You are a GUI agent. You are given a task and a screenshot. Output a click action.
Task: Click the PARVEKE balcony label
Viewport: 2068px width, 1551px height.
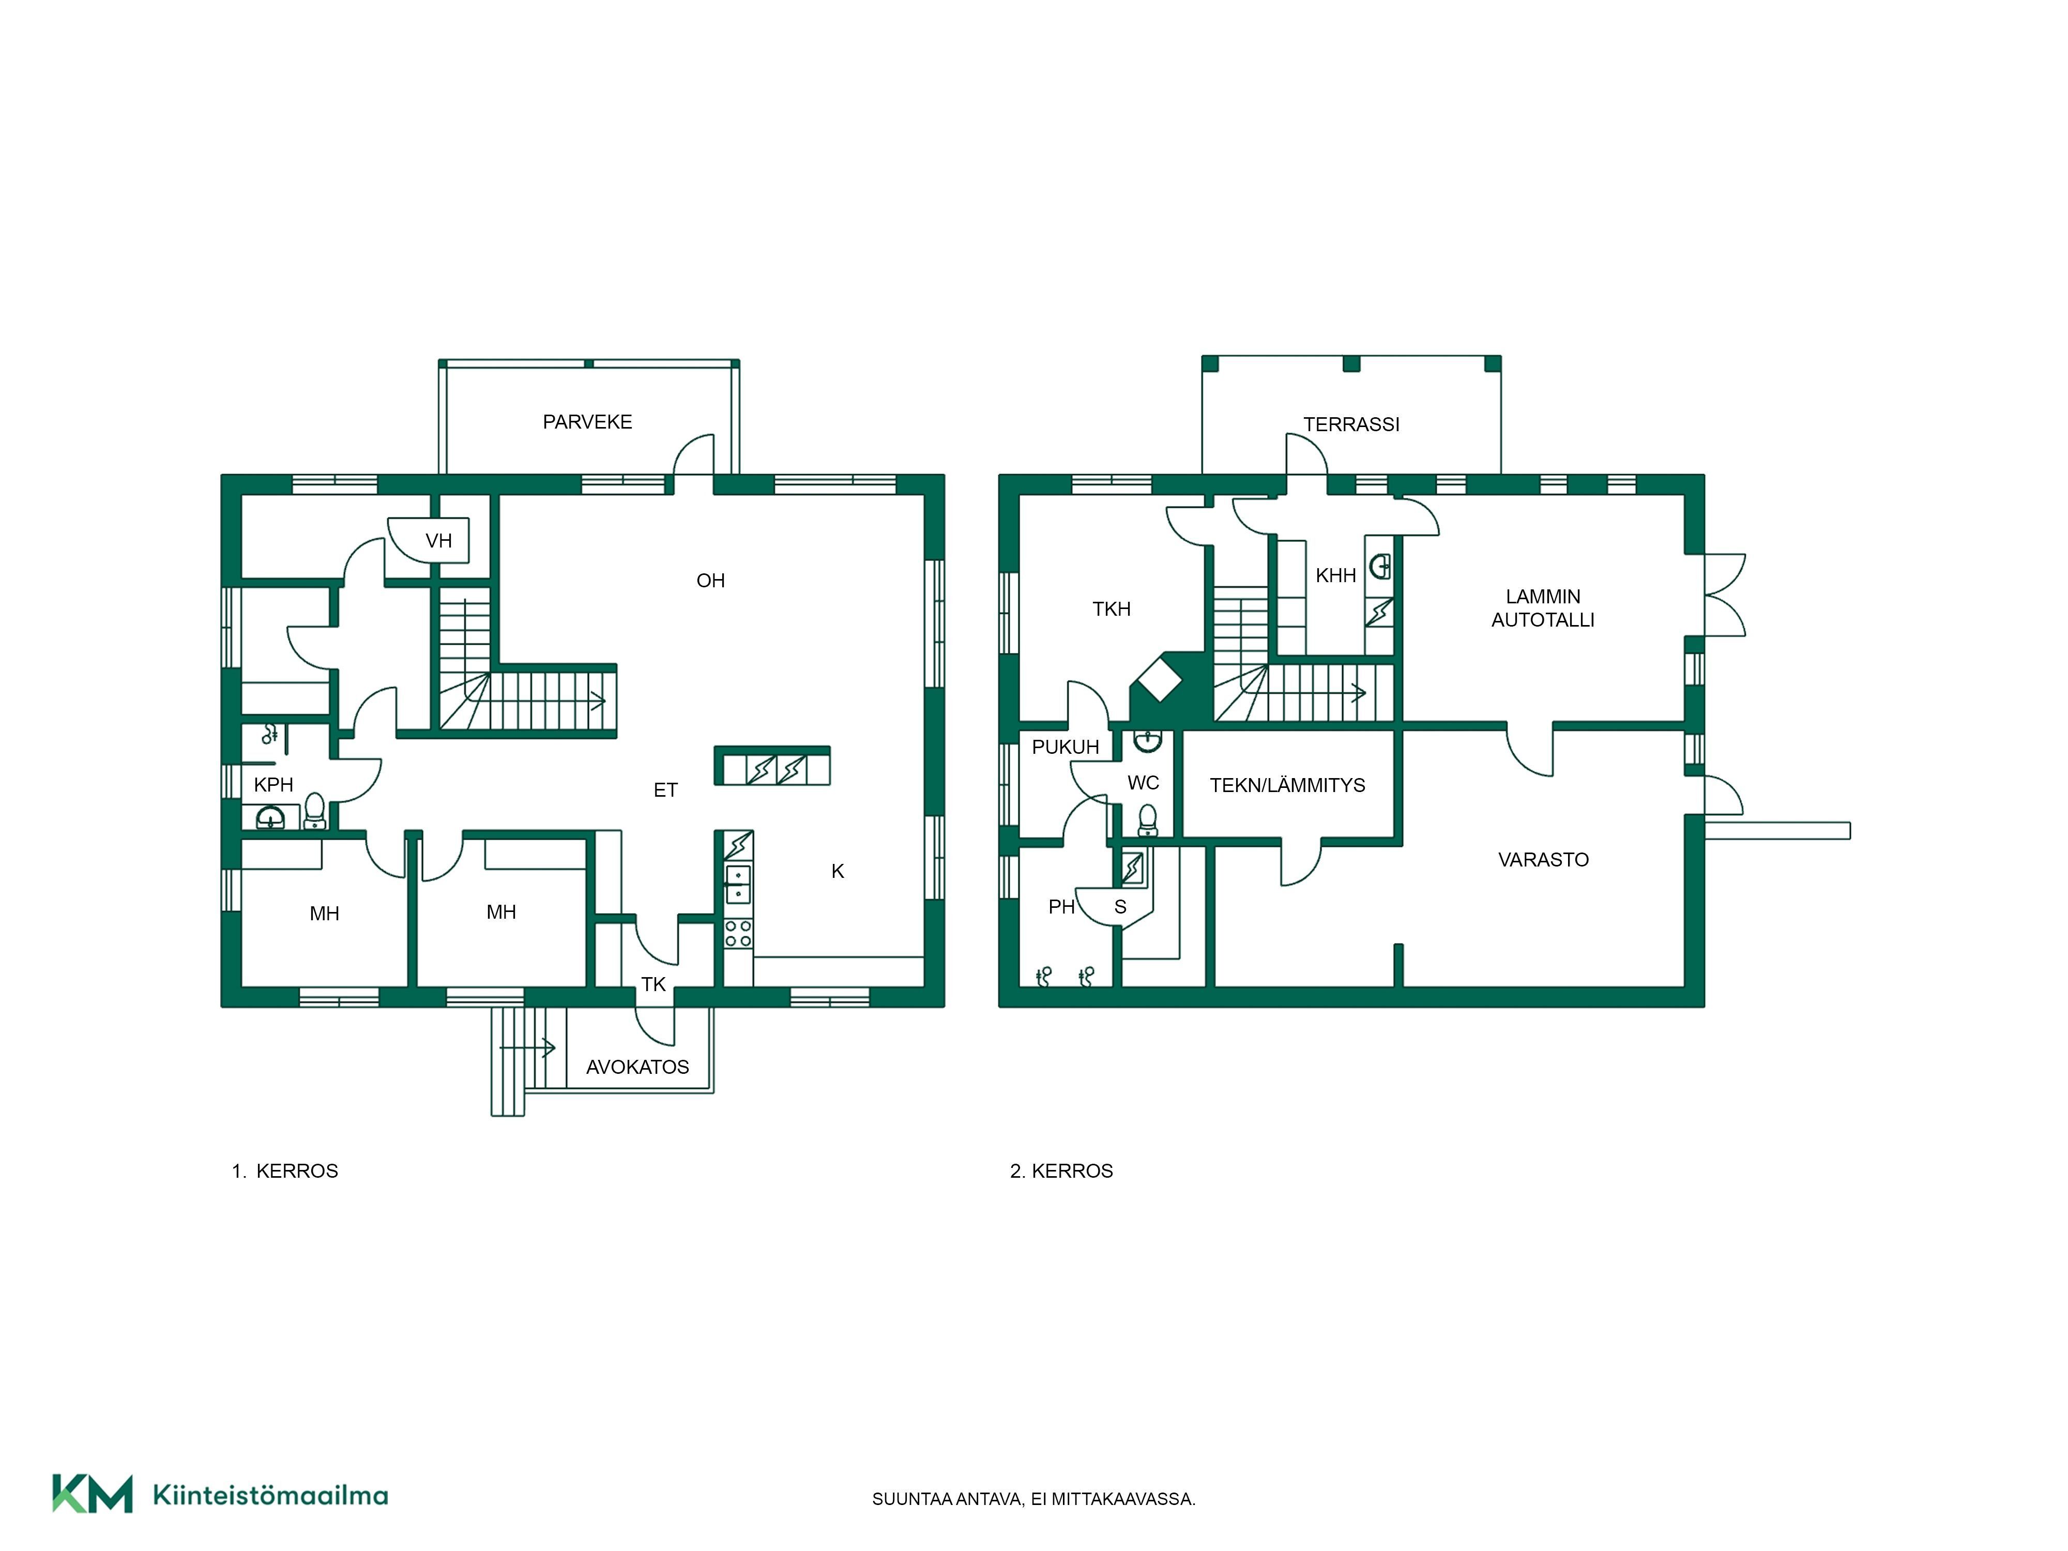tap(587, 422)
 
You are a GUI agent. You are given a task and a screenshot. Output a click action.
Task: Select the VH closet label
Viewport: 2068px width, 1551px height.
tap(438, 540)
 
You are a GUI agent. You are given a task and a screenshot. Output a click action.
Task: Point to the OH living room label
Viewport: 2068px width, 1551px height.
tap(710, 581)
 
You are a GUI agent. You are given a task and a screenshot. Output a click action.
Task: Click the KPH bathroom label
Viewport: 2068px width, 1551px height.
tap(274, 784)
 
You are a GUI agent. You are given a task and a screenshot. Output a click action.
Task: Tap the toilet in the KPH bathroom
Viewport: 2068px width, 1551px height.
tap(315, 811)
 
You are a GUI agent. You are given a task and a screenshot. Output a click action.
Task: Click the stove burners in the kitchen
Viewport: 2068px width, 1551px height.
tap(739, 933)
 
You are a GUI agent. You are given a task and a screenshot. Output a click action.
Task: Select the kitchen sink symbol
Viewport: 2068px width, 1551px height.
tap(739, 884)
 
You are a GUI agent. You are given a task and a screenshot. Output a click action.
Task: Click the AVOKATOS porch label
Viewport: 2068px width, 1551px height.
tap(637, 1067)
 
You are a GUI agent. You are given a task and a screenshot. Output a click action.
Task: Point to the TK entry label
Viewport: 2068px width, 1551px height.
tap(653, 983)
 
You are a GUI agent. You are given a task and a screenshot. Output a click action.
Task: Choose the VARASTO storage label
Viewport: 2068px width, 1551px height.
tap(1544, 859)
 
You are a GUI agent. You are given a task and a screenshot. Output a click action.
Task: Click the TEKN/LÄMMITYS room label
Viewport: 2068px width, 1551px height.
tap(1287, 785)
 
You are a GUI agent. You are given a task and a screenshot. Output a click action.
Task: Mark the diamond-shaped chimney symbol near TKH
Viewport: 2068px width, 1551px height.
tap(1159, 680)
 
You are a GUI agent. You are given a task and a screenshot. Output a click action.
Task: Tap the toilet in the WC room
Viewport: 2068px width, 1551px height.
tap(1148, 820)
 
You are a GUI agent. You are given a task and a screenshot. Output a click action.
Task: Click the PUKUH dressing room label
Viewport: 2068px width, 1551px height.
tap(1066, 747)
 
